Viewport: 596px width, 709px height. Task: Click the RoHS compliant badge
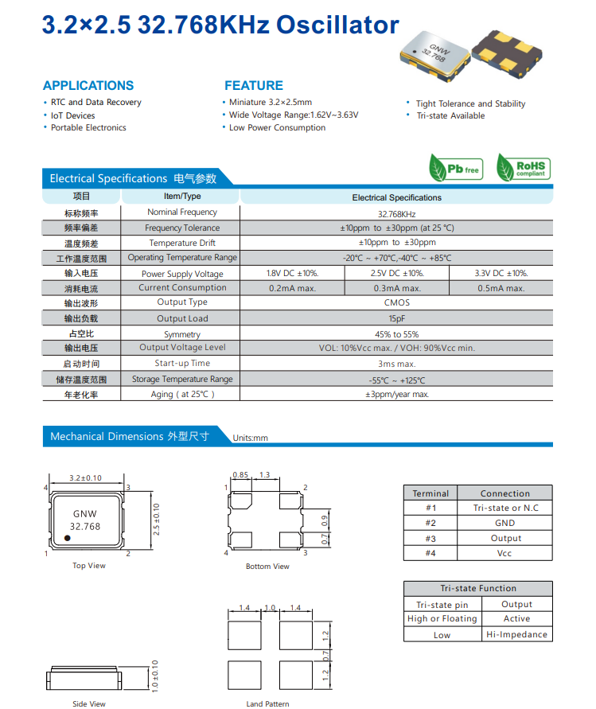click(x=523, y=169)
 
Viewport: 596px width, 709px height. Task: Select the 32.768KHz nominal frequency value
click(x=396, y=213)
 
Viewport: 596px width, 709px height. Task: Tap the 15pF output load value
click(x=396, y=318)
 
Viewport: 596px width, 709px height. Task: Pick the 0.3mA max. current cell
click(x=396, y=288)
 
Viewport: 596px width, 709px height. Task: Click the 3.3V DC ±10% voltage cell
click(x=501, y=273)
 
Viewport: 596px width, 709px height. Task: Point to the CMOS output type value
click(x=396, y=302)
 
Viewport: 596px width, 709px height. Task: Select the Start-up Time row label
click(x=182, y=363)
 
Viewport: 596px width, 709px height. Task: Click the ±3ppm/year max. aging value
click(x=396, y=394)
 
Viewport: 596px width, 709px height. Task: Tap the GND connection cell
click(x=504, y=523)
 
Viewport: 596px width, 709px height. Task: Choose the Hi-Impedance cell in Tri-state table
click(x=516, y=634)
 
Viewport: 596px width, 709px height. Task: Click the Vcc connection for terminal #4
click(x=504, y=553)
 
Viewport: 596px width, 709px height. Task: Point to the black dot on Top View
click(x=68, y=539)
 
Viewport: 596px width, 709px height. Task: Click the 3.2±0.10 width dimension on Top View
click(x=86, y=478)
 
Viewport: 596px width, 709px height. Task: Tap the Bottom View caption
click(x=267, y=567)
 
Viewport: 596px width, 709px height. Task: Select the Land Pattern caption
click(x=267, y=703)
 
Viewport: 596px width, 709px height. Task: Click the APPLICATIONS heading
click(x=88, y=86)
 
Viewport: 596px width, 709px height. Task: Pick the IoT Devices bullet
click(x=72, y=115)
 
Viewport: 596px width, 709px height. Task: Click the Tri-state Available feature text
click(x=450, y=115)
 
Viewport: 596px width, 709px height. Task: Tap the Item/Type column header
click(x=182, y=197)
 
